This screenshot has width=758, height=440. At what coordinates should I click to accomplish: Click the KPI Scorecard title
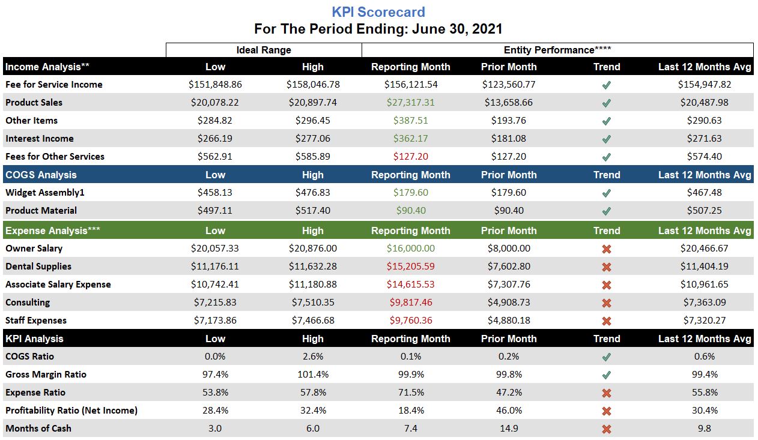(x=378, y=12)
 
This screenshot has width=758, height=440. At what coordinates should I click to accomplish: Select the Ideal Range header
(x=264, y=50)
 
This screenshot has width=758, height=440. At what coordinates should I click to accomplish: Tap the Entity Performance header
(x=557, y=50)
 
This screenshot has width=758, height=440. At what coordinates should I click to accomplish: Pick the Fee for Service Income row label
(x=54, y=85)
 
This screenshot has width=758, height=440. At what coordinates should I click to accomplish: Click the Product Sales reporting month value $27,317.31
(x=410, y=103)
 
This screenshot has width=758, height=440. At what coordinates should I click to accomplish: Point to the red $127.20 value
(x=410, y=157)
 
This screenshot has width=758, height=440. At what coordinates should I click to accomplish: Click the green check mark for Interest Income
(x=606, y=139)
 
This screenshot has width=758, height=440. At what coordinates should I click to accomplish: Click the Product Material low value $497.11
(x=215, y=211)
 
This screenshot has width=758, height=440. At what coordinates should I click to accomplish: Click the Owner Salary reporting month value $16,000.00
(x=410, y=249)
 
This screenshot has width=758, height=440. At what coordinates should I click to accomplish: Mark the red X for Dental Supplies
(x=606, y=267)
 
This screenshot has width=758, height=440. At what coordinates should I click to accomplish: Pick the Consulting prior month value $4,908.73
(x=508, y=303)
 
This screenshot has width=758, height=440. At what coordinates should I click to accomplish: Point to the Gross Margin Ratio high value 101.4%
(x=312, y=375)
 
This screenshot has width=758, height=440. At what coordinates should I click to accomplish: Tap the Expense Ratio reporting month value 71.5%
(x=410, y=393)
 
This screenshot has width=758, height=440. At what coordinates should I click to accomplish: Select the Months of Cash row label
(x=38, y=429)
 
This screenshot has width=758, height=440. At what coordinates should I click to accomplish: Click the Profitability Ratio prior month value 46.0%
(x=508, y=411)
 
